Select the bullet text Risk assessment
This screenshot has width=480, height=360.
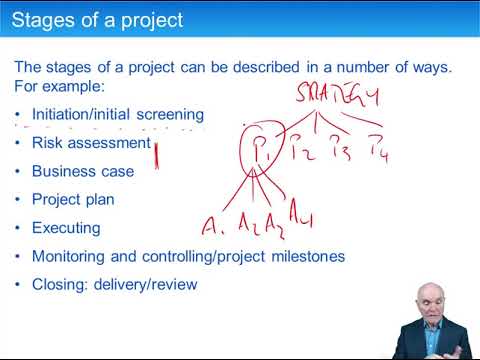[x=91, y=143]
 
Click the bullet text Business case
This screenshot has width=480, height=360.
[x=83, y=171]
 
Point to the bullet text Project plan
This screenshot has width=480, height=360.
[x=73, y=199]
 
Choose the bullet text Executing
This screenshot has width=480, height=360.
[x=66, y=228]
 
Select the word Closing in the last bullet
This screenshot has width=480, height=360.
[x=58, y=284]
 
